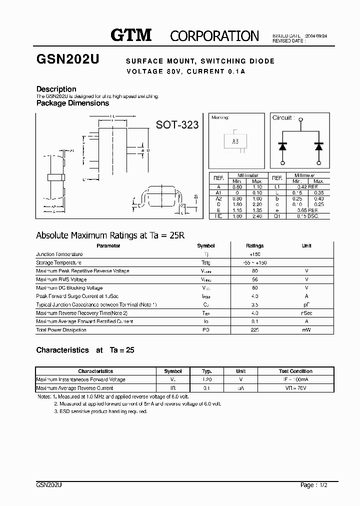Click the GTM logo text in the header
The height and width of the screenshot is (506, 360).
(131, 35)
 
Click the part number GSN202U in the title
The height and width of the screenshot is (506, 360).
(68, 59)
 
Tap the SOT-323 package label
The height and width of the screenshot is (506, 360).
(177, 125)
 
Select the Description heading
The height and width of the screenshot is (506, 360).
(56, 89)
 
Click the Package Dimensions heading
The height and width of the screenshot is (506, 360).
(72, 103)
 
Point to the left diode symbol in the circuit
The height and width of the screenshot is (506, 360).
(283, 146)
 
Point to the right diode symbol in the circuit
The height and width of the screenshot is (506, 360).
(319, 146)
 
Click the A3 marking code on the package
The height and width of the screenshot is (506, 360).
(235, 141)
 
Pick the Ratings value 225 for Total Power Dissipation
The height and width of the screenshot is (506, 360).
(254, 330)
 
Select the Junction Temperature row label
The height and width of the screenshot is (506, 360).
(59, 254)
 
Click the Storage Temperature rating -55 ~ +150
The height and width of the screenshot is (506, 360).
(254, 263)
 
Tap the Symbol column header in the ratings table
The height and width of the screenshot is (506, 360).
(205, 246)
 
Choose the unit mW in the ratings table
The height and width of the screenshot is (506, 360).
(306, 330)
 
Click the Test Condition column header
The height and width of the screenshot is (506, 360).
(295, 371)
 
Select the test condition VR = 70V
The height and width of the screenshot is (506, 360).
(295, 388)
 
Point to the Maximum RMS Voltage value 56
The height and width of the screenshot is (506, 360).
(254, 279)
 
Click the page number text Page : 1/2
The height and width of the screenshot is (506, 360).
(314, 485)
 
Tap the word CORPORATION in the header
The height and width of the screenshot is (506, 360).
(214, 36)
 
